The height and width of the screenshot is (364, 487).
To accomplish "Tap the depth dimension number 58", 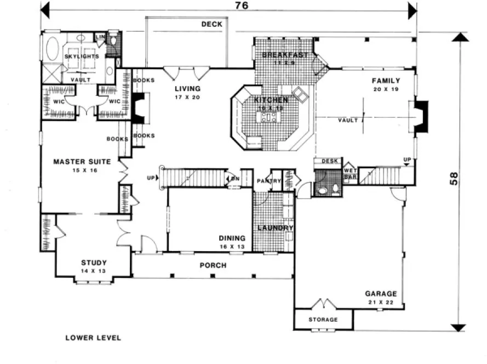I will (x=454, y=180).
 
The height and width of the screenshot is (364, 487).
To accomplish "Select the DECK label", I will (x=211, y=24).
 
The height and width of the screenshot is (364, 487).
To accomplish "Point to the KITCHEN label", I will (x=271, y=100).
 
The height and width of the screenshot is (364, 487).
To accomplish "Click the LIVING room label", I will (x=187, y=88).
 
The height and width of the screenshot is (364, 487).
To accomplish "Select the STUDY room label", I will (x=94, y=263).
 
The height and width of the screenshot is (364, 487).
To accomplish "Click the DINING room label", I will (x=232, y=238).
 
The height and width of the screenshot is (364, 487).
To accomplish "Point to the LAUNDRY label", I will (x=276, y=228).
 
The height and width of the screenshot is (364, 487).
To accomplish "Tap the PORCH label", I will (x=213, y=266).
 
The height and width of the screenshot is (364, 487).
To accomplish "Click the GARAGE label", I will (x=381, y=294).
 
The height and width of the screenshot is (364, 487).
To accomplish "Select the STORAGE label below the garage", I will (x=323, y=320).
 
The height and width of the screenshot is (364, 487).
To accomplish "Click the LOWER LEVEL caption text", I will (x=93, y=338).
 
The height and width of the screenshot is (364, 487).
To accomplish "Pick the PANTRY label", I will (x=269, y=181).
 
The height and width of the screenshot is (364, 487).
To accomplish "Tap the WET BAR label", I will (x=350, y=173).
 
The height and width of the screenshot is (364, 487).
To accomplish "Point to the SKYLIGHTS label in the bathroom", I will (x=81, y=56).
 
